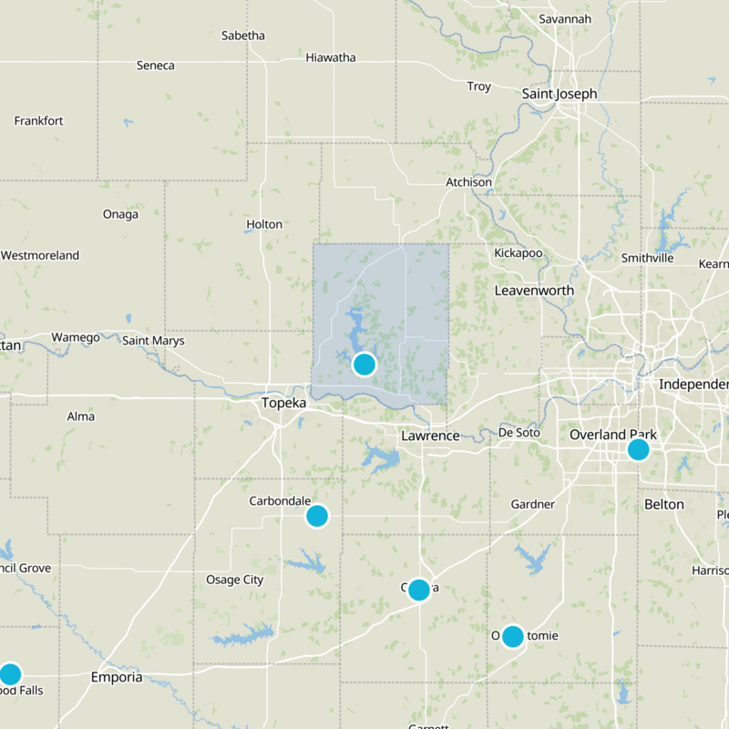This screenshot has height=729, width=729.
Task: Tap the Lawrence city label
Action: tap(430, 436)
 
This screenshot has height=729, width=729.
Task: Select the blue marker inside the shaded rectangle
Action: tap(364, 364)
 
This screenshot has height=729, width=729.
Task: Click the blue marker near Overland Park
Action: tap(638, 449)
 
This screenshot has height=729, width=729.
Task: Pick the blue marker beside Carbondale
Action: tap(316, 517)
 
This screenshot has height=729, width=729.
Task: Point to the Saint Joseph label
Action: tap(560, 94)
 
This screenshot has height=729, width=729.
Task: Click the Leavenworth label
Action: tap(534, 290)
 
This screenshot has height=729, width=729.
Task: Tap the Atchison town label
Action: tap(468, 182)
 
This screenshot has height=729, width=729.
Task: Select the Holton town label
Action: tap(264, 224)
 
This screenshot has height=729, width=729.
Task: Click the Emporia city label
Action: tap(117, 678)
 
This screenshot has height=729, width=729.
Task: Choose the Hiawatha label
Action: tap(331, 57)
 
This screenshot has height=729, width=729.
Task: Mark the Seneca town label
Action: tap(155, 66)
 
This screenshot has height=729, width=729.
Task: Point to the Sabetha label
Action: tap(243, 36)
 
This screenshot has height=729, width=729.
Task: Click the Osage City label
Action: tap(234, 580)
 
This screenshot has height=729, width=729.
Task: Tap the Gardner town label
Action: tap(532, 504)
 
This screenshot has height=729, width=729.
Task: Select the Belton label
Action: tap(663, 504)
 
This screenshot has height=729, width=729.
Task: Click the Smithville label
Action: tap(647, 258)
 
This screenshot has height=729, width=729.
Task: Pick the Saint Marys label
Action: tap(153, 341)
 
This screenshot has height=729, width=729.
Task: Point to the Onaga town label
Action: tap(121, 215)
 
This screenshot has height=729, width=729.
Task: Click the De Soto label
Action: tap(519, 432)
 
